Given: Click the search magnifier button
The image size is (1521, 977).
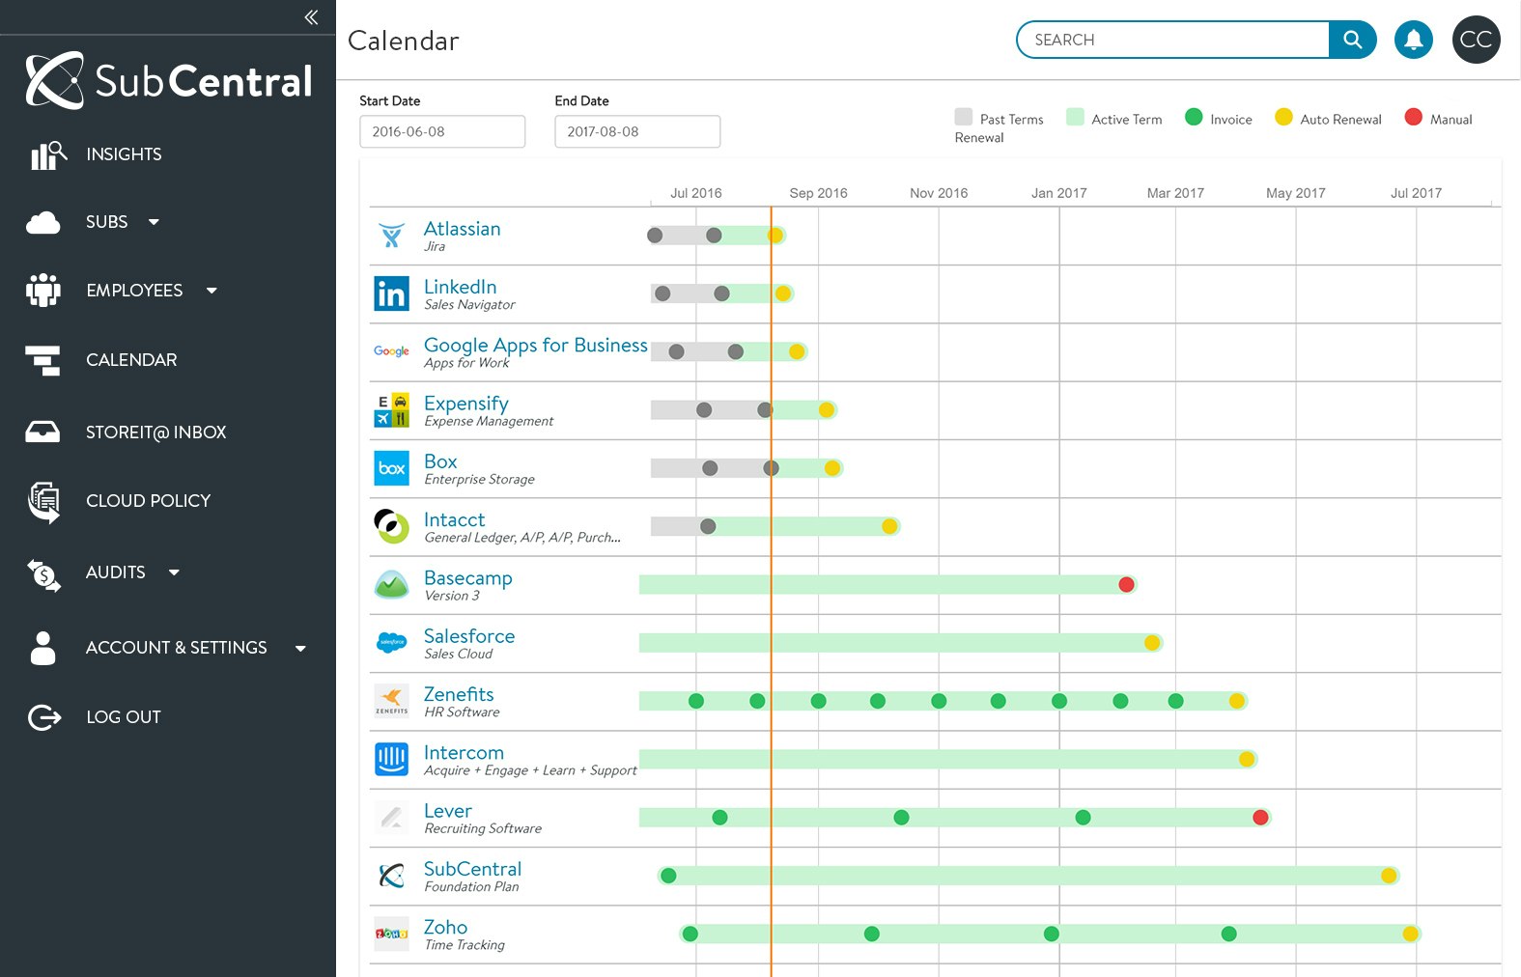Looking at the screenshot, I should tap(1352, 40).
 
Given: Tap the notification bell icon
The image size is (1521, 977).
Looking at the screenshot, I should tap(1413, 40).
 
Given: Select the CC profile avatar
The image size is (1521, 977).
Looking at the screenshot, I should tap(1476, 40).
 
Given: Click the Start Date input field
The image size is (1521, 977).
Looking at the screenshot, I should tap(442, 131).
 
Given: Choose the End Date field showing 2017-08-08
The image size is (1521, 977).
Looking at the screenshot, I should tap(637, 131).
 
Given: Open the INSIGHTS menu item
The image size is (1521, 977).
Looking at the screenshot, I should tap(124, 154).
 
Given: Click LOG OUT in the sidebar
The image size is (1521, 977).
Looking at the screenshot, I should tap(123, 717).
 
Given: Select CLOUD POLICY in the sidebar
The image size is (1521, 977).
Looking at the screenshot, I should tap(148, 501).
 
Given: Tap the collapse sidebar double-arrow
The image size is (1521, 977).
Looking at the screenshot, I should tap(311, 17).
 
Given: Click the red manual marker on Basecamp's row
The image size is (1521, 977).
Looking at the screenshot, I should tap(1126, 584).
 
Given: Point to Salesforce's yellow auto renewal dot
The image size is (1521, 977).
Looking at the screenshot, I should tap(1152, 643).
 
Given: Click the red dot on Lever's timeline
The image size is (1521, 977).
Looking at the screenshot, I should tap(1260, 818).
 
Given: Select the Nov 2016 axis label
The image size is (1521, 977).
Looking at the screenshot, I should tap(939, 193).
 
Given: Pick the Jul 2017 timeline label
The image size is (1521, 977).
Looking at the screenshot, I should tap(1416, 193).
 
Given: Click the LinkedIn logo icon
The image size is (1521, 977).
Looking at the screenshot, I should tap(391, 293).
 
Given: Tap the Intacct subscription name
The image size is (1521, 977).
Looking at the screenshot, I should tap(454, 520).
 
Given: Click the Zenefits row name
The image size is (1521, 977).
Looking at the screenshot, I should tap(459, 694).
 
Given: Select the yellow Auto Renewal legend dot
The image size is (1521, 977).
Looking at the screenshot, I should tap(1283, 118).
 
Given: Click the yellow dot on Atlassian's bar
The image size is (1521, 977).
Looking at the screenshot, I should tap(775, 236).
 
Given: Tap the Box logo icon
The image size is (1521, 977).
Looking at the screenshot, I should tap(391, 468).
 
